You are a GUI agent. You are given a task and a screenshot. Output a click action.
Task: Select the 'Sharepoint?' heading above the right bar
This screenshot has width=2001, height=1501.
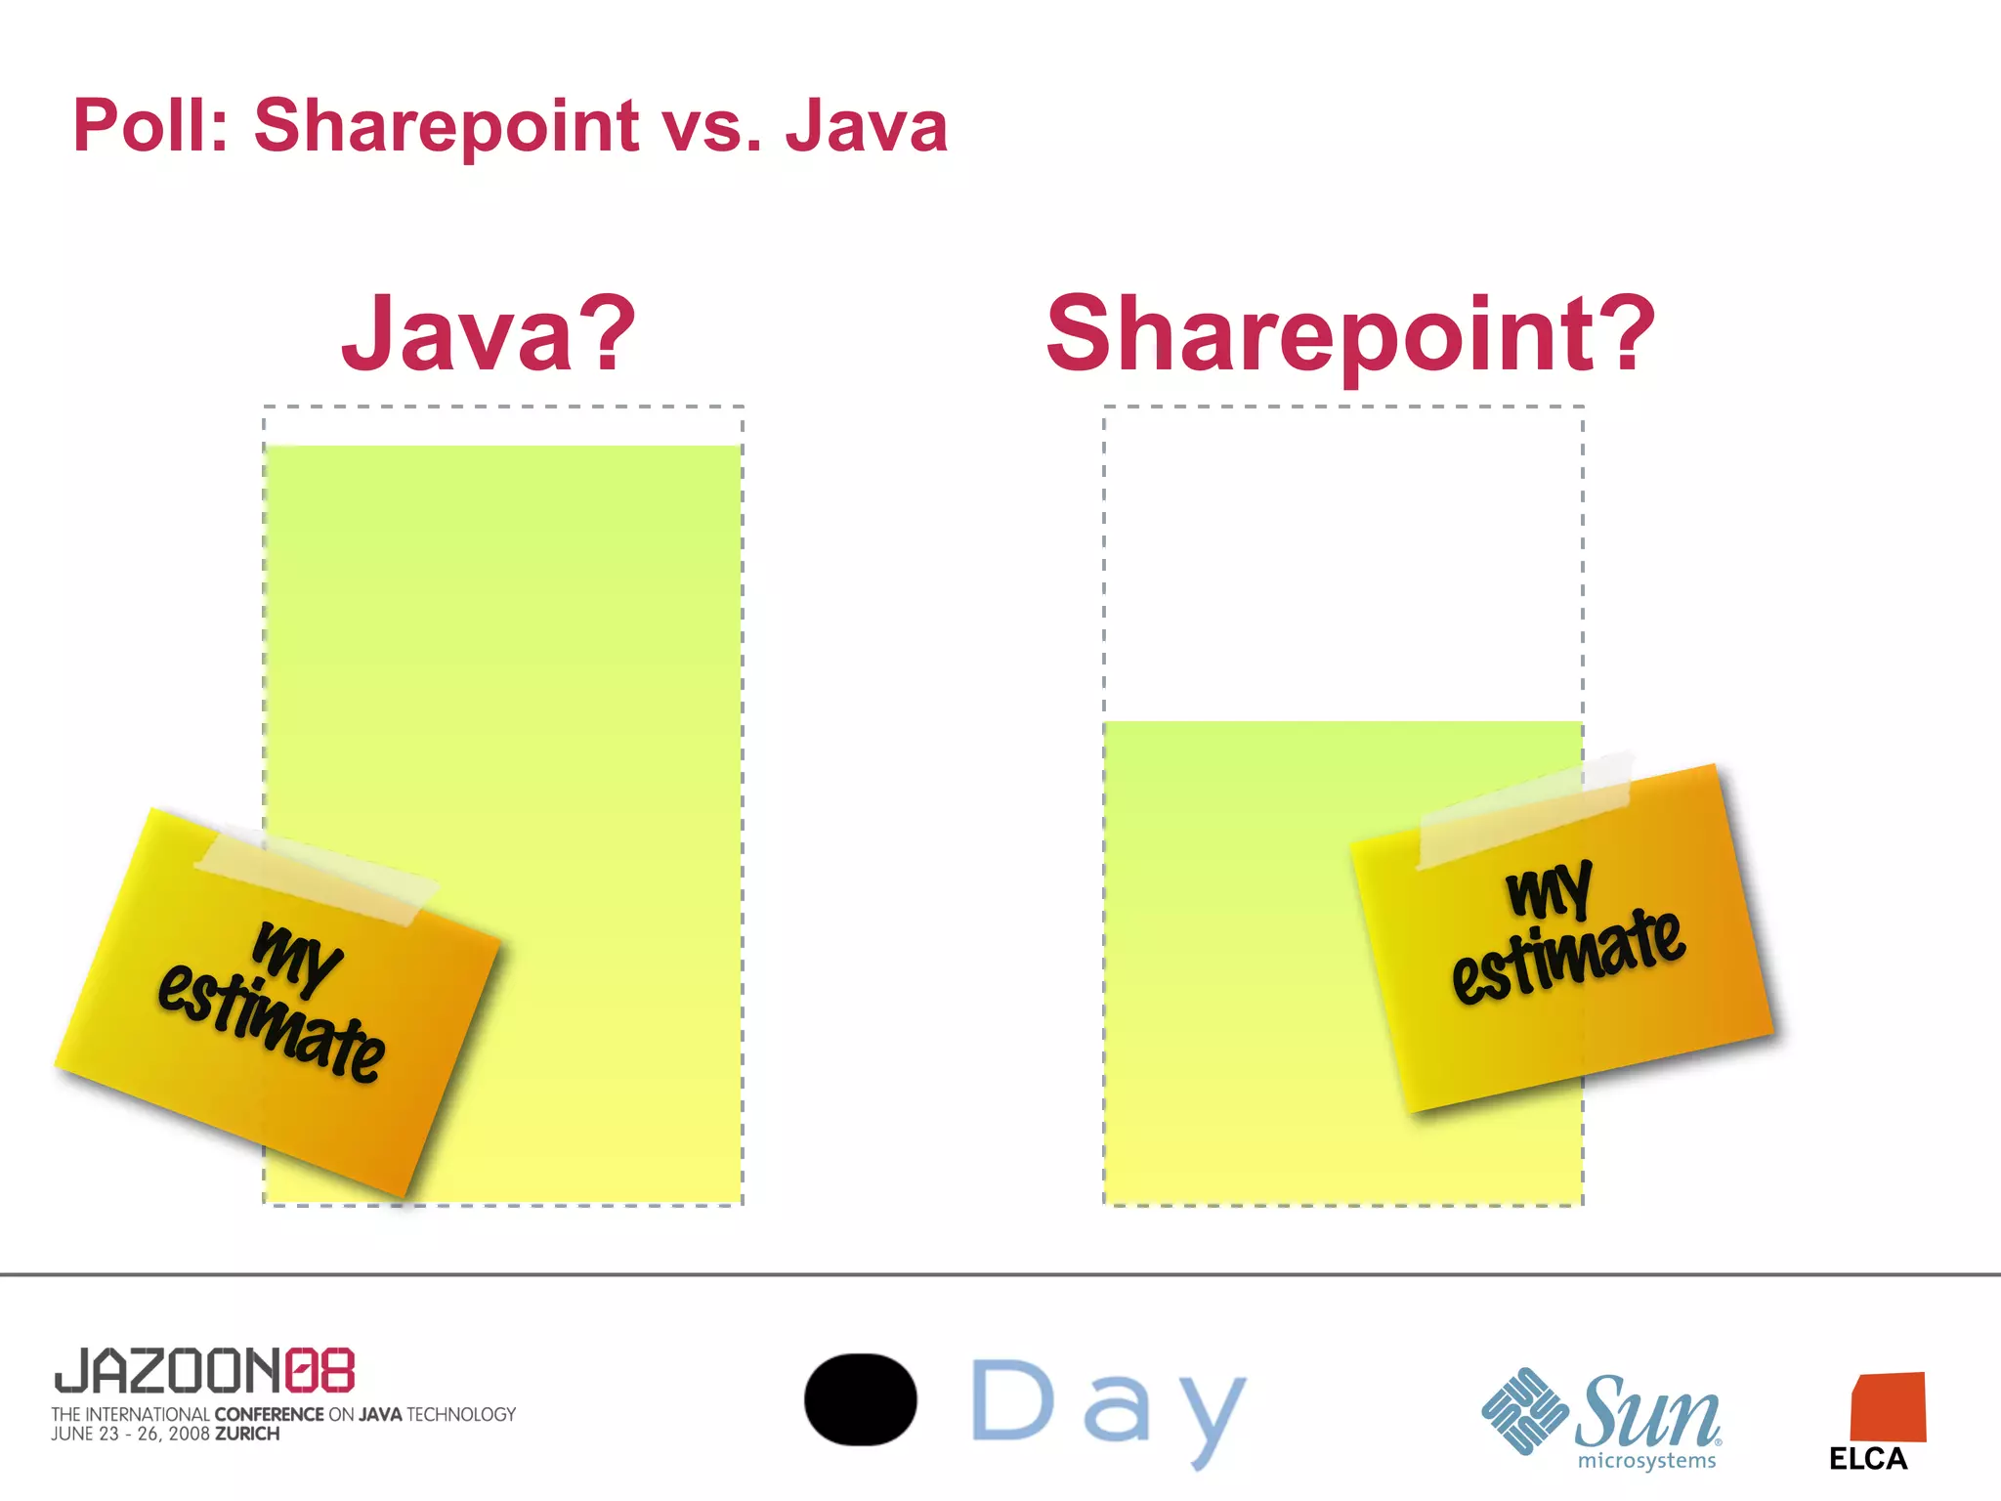point(1350,334)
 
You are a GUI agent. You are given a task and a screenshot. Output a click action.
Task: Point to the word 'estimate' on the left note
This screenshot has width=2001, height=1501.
point(272,1022)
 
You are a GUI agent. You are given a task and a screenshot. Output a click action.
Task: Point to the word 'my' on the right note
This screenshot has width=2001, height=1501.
point(1550,889)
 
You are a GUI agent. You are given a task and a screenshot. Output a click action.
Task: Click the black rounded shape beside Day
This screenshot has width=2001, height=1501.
point(860,1399)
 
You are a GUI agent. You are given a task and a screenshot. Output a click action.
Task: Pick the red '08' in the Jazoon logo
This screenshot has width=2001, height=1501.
point(319,1370)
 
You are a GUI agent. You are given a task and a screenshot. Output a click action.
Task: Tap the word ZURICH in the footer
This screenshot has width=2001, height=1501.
point(247,1435)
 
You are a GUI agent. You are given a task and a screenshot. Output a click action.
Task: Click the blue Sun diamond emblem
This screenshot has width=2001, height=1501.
point(1524,1411)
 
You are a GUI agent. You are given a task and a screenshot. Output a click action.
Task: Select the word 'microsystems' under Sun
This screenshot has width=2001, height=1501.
point(1646,1461)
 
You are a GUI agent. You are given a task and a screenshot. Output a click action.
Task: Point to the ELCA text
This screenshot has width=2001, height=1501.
point(1868,1459)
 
